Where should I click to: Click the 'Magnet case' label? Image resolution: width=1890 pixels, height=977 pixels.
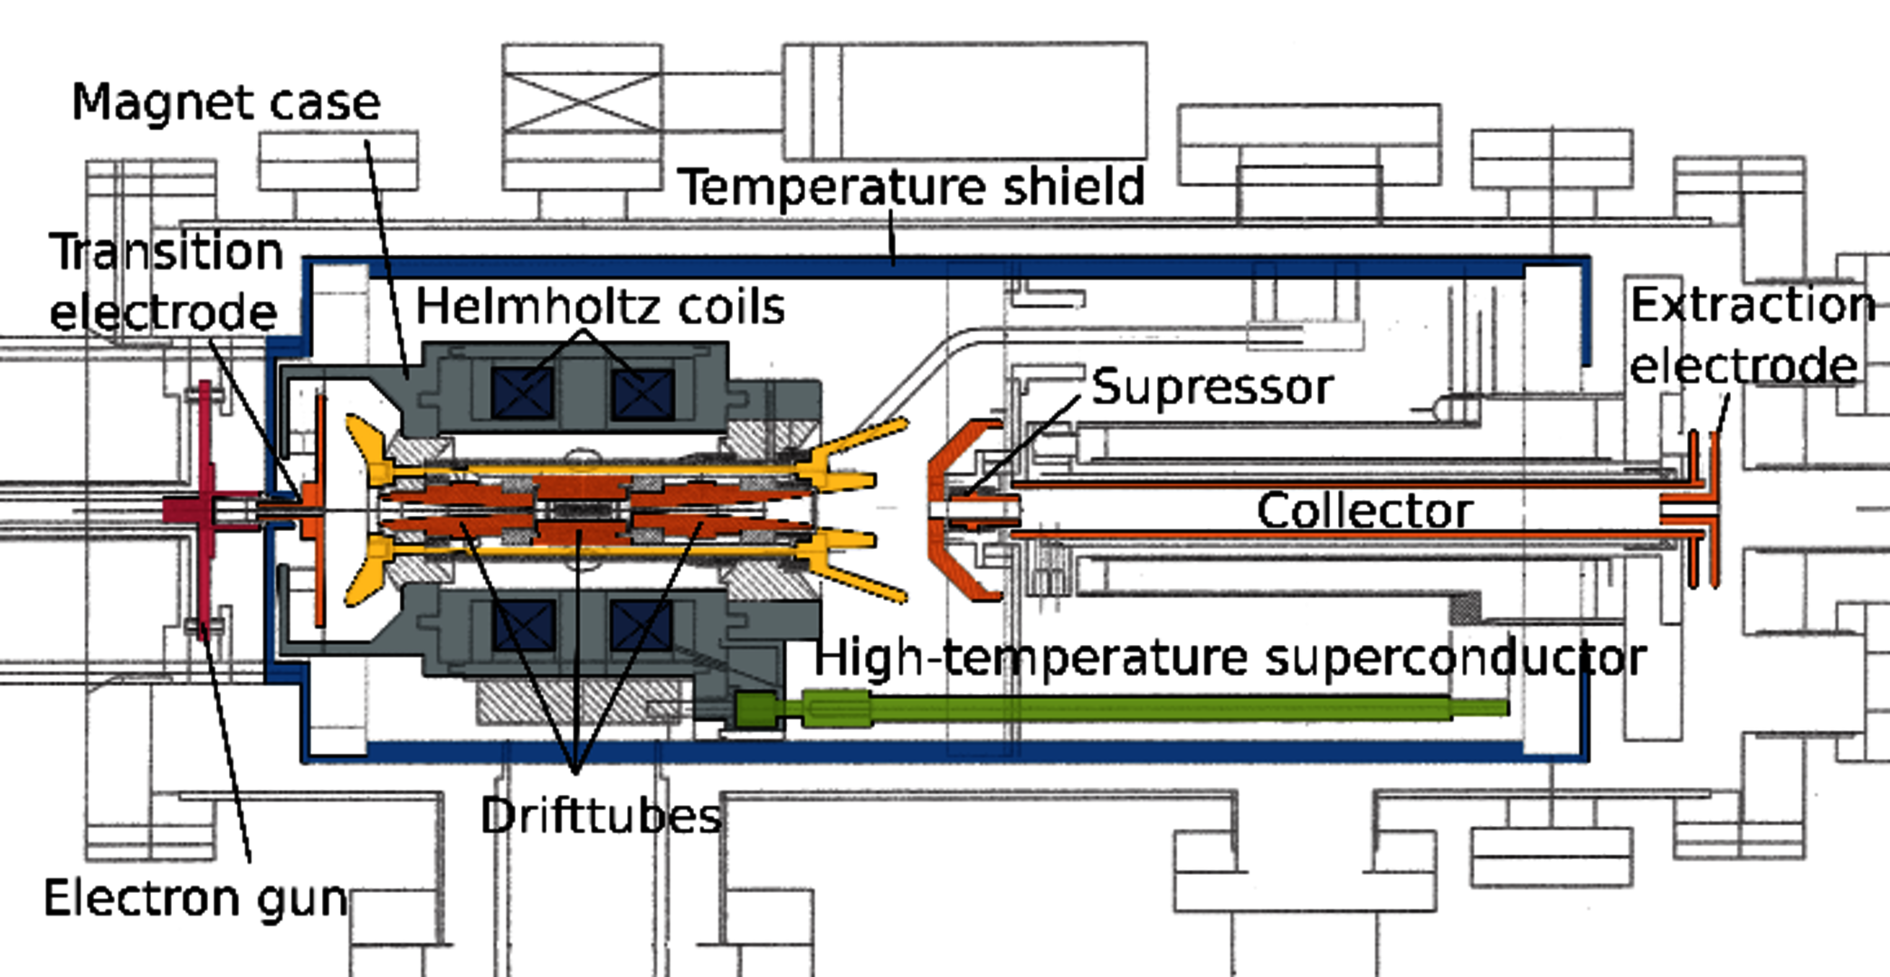[x=226, y=102]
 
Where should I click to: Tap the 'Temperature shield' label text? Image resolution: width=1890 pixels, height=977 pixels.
[x=911, y=187]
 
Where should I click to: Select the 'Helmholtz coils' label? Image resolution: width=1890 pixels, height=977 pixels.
[x=600, y=307]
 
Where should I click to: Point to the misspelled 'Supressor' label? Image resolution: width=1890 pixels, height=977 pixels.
[x=1211, y=387]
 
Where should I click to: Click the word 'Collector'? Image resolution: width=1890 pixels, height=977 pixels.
[x=1364, y=511]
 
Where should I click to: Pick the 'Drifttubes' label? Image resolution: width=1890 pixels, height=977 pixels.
[x=601, y=816]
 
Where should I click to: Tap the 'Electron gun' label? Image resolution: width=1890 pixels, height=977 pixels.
[x=195, y=898]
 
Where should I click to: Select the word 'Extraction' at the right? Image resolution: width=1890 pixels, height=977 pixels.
[x=1752, y=305]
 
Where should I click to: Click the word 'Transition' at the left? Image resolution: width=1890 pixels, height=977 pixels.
[x=166, y=251]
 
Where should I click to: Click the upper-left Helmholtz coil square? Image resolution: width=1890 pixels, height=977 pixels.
[x=523, y=394]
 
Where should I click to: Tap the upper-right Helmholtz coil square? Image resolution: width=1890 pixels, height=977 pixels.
[x=642, y=394]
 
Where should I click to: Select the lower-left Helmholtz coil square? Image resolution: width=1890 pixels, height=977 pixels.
[x=523, y=624]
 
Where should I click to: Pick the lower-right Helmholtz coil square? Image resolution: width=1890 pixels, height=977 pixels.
[x=642, y=624]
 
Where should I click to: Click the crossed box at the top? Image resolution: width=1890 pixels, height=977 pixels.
[x=582, y=102]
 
